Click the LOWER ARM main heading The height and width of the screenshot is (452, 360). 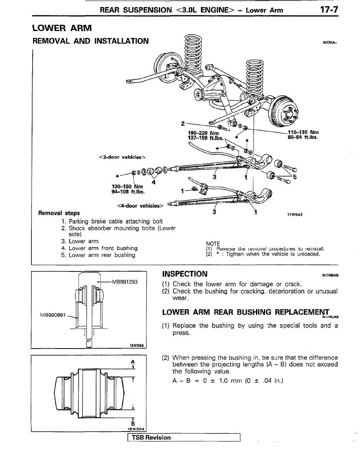coord(62,28)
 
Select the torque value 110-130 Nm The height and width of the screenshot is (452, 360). coord(303,132)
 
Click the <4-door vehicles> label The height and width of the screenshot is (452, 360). coord(140,205)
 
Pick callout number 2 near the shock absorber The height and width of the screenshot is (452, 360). coord(183,124)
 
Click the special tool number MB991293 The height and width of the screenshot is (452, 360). coord(125,281)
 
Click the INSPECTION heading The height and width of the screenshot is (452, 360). coord(185,274)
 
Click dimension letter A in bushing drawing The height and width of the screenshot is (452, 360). coord(133,362)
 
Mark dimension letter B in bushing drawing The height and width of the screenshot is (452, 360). coord(133,424)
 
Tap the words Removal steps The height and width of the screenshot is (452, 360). coord(59,213)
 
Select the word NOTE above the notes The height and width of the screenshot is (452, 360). coord(213,244)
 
